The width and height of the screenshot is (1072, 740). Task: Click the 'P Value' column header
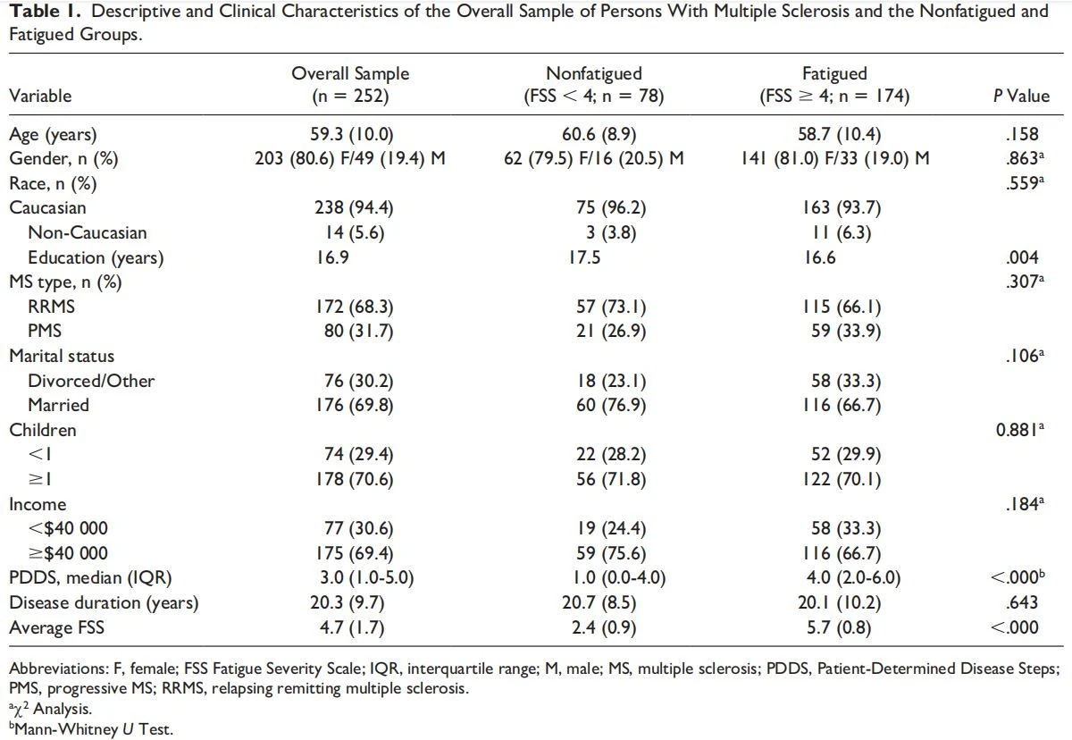(1021, 96)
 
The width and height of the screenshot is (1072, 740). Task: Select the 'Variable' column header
(40, 96)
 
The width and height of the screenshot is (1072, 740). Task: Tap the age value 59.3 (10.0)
(351, 134)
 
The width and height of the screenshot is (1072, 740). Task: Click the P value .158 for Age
(1022, 134)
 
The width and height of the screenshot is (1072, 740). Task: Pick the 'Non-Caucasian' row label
(88, 232)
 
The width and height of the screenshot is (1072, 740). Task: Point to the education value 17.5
(584, 257)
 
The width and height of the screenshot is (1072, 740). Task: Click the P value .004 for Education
(1022, 257)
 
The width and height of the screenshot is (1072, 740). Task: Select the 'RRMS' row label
(51, 307)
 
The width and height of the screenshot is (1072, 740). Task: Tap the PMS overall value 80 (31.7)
(358, 331)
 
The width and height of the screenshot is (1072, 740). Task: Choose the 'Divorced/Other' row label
(91, 381)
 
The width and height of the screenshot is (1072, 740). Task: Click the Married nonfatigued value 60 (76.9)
(611, 405)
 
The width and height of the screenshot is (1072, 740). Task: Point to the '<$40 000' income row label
(68, 528)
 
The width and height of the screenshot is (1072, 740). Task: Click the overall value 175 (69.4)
(354, 553)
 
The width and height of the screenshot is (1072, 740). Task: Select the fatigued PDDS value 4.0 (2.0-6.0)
(853, 577)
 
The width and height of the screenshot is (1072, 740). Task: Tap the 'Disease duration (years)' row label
(104, 602)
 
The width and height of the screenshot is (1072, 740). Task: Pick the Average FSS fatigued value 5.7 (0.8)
(839, 627)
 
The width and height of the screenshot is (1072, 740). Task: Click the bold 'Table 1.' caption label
(46, 12)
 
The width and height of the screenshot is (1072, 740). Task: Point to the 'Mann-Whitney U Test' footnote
(91, 729)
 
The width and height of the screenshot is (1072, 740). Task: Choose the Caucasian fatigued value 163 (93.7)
(842, 207)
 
